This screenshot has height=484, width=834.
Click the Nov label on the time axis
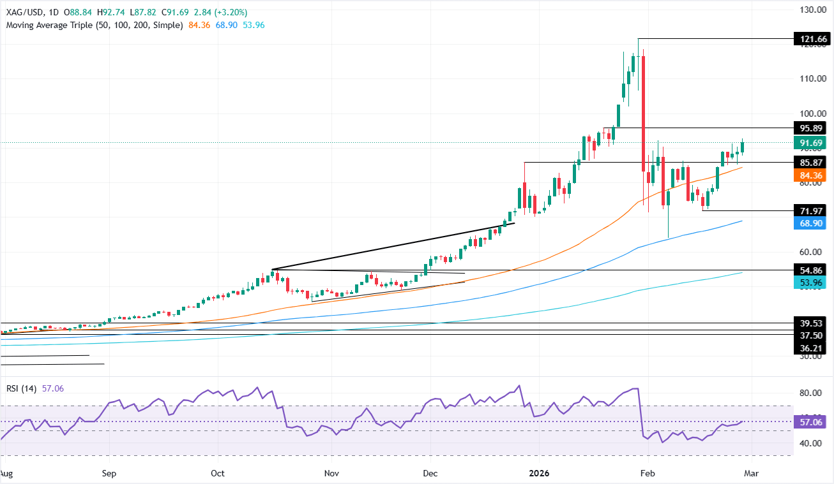(x=331, y=474)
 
